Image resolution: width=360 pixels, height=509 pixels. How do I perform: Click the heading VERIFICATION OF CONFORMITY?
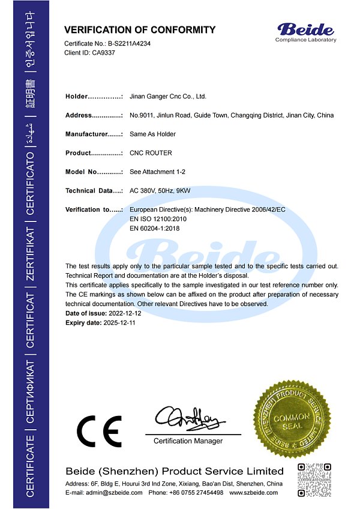click(x=140, y=30)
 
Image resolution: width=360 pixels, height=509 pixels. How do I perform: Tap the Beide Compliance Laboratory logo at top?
click(x=305, y=31)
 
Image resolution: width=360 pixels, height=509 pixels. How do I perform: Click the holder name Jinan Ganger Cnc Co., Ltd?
click(x=167, y=96)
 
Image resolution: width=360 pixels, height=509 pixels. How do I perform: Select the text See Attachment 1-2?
click(x=157, y=172)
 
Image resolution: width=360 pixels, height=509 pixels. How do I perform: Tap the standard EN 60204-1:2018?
click(x=154, y=228)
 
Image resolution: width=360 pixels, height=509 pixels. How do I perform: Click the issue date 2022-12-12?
click(x=125, y=314)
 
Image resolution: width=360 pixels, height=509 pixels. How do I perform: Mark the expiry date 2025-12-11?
click(x=122, y=323)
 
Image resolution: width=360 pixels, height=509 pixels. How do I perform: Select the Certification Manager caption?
click(x=188, y=441)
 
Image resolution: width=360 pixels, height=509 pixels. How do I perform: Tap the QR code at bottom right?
click(x=314, y=480)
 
